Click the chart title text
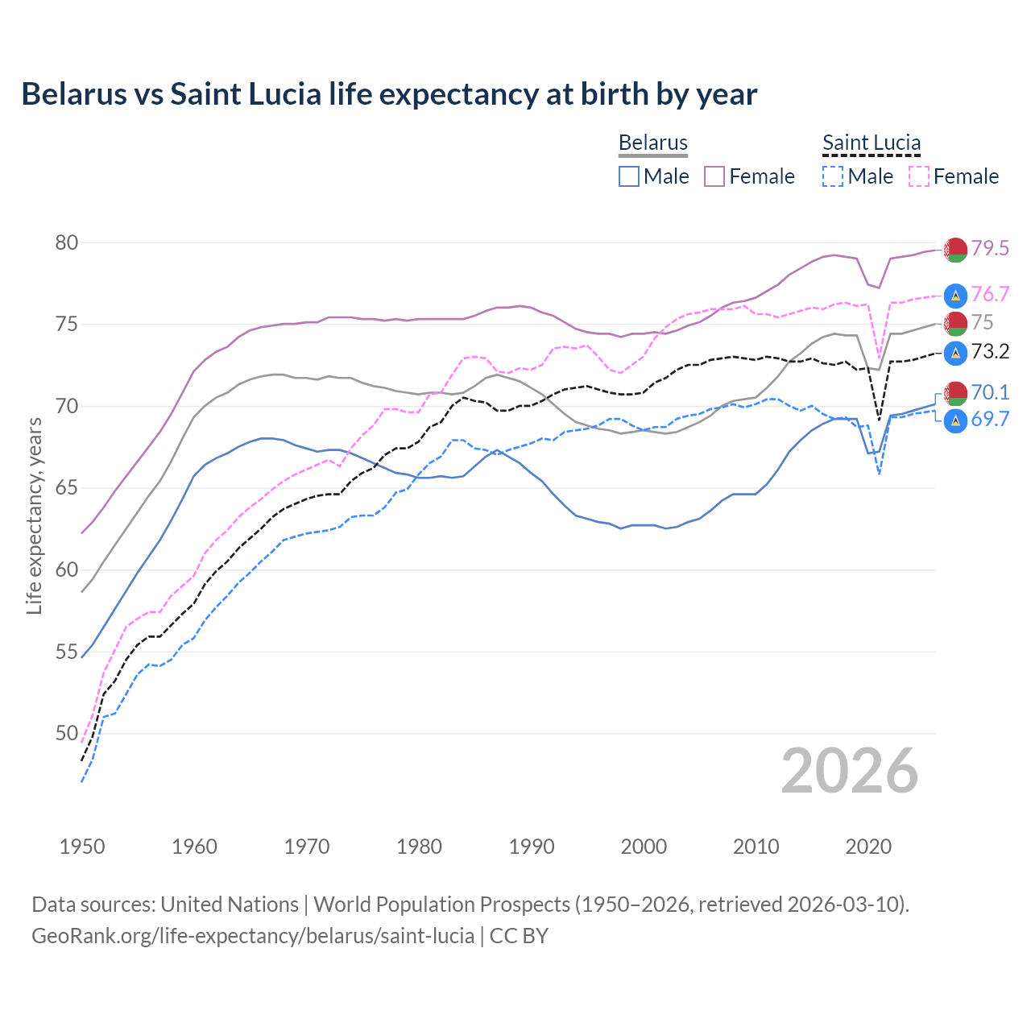coord(389,94)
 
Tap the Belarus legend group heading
coord(652,143)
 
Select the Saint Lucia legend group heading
coord(871,143)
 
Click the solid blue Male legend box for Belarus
coord(629,176)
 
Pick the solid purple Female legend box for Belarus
coord(714,176)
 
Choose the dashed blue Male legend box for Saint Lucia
coord(833,176)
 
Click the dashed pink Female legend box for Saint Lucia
coord(919,176)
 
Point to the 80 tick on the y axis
coord(67,242)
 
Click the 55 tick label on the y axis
coord(67,652)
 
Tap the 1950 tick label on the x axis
coord(82,847)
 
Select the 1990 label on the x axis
coord(532,847)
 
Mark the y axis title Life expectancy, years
coord(34,515)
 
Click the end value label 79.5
coord(990,248)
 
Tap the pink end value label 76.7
coord(990,294)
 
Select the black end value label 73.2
coord(990,351)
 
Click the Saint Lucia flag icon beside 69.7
coord(955,420)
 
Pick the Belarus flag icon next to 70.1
coord(955,393)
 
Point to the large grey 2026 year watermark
coord(849,771)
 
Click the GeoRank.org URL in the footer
coord(253,936)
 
